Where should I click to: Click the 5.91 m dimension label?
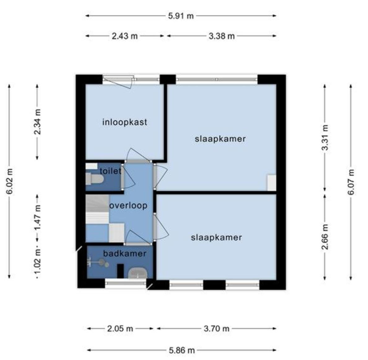tap(181, 16)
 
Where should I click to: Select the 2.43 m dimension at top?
tap(125, 36)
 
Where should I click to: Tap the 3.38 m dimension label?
tap(221, 36)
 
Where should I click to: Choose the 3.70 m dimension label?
tap(216, 329)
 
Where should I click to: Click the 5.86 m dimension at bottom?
tap(181, 350)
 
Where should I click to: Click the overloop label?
tap(128, 206)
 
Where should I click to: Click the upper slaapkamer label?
tap(220, 139)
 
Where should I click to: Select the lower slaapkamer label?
tap(216, 237)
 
